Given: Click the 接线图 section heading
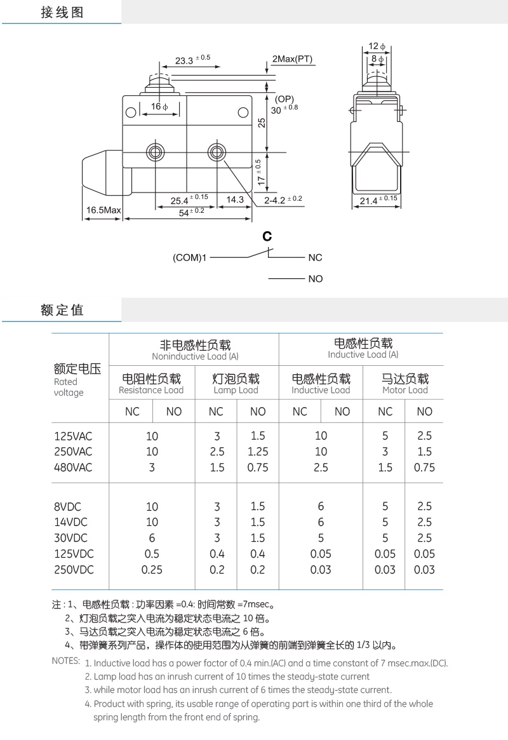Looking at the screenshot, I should (x=62, y=12).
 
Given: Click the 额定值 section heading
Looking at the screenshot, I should (x=62, y=310).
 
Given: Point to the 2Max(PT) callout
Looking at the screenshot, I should (x=292, y=59).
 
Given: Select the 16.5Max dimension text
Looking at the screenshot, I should (x=104, y=210).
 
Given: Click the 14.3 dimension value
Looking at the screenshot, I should (x=235, y=199).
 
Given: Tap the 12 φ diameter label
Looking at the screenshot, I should (x=377, y=46).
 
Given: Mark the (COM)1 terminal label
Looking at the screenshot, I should (x=190, y=257).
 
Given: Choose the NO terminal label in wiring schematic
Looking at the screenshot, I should (x=315, y=279).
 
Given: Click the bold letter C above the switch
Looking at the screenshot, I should (x=267, y=237).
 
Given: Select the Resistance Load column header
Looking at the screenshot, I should (x=151, y=384).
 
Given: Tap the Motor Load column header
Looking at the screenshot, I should (x=405, y=384).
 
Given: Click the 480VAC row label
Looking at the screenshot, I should (x=73, y=468).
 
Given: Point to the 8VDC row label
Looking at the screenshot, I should (x=68, y=506).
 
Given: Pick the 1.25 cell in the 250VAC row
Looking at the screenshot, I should (x=257, y=452).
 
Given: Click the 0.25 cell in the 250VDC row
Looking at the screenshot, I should (x=152, y=570).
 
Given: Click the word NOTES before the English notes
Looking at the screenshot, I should (x=65, y=661).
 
